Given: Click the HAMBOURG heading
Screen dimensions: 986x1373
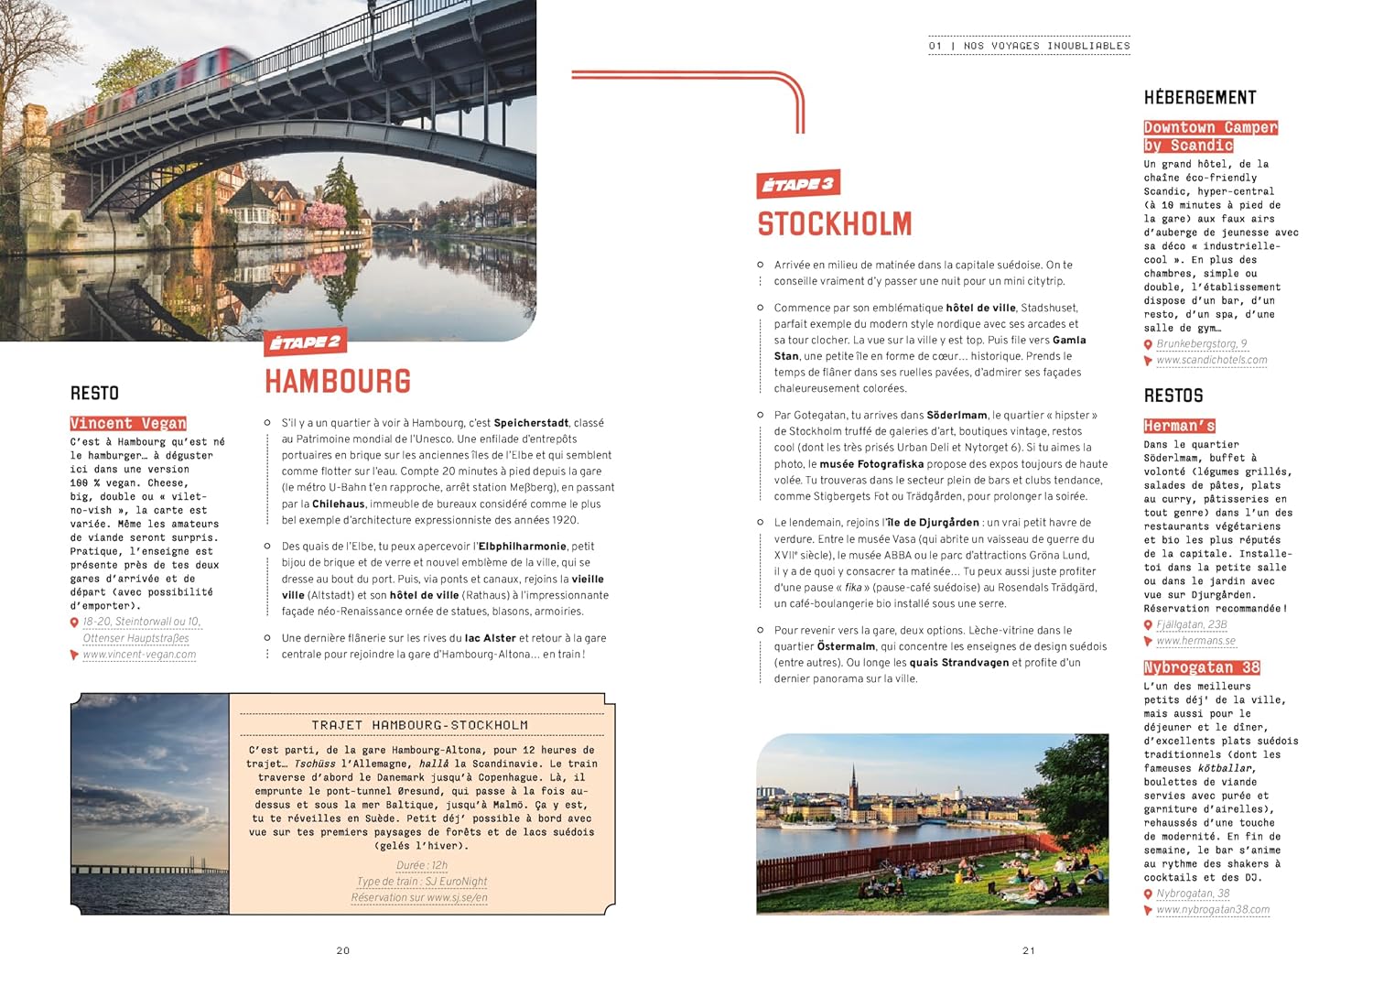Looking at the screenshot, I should point(338,381).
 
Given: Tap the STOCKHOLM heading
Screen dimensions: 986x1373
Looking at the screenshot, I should point(834,224).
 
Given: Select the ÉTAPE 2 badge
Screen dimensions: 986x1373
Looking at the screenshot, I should point(306,342).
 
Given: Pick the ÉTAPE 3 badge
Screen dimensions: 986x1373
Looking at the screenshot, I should point(798,184).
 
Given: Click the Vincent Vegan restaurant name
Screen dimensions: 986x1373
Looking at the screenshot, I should point(128,423).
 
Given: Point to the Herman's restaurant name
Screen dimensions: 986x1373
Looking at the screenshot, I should point(1179,426).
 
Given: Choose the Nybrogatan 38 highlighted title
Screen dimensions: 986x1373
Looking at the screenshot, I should point(1201,667).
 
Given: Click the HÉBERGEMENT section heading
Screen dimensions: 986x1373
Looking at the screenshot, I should point(1200,98).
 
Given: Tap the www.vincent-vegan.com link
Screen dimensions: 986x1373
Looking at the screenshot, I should point(139,655).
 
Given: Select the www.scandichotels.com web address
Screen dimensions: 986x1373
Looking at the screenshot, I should point(1212,360).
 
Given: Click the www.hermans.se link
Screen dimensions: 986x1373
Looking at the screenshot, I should point(1195,641).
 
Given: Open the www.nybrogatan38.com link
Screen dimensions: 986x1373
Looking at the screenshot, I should point(1213,910).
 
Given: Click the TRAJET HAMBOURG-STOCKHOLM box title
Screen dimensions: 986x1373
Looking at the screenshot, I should point(419,725).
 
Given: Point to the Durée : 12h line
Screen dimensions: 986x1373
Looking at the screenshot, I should point(422,865).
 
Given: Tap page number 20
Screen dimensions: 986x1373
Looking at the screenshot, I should point(343,950).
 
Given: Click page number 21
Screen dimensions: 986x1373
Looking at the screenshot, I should point(1029,950).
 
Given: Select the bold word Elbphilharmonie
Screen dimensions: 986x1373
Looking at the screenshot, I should point(522,547).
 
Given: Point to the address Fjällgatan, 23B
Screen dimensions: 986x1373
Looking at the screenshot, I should point(1192,624).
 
